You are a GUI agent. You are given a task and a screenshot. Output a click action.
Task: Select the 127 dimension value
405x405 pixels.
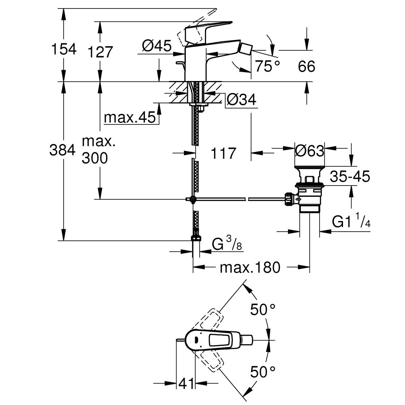coord(99,52)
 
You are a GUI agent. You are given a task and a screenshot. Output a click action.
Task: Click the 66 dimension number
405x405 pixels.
coord(307,66)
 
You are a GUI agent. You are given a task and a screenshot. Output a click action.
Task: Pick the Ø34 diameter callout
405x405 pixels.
coord(241,99)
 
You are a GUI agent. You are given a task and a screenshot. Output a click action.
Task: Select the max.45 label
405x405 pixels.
coord(130,117)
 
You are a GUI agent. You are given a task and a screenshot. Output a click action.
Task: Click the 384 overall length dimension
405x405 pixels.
coord(62,151)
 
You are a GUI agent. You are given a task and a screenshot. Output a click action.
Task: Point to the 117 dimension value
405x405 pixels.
coord(223,153)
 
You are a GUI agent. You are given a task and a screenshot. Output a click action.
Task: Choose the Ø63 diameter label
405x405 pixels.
coord(310,151)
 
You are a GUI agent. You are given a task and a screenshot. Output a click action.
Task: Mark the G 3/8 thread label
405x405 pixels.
coord(227,245)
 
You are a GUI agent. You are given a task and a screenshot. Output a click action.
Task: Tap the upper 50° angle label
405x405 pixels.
coord(262,310)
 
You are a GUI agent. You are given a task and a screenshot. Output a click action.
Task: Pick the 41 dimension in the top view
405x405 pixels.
coord(185,382)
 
